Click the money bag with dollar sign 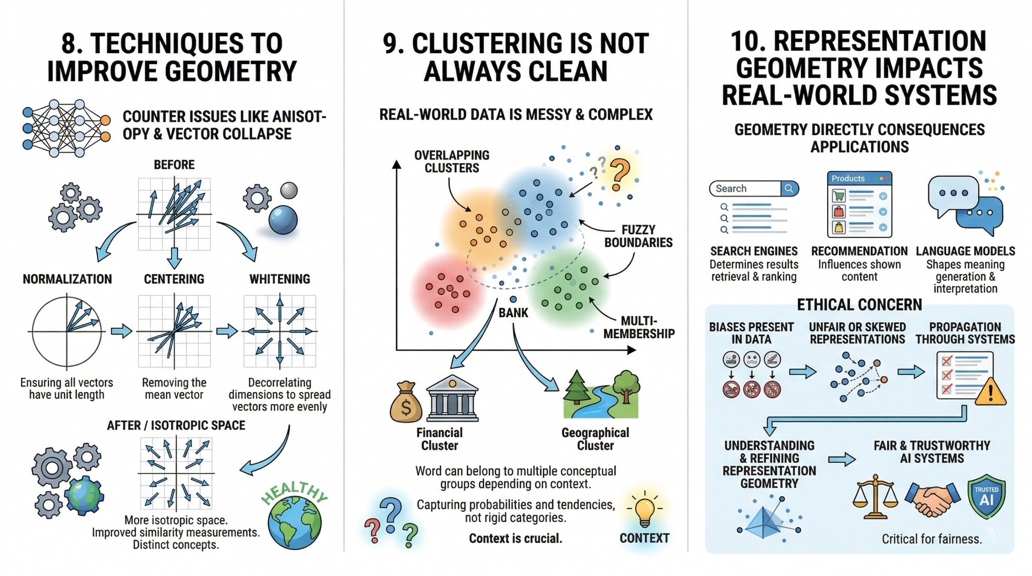pyautogui.click(x=405, y=403)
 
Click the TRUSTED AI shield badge pyautogui.click(x=986, y=496)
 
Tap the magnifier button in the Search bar pyautogui.click(x=789, y=188)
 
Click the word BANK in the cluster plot pyautogui.click(x=513, y=313)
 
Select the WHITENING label pyautogui.click(x=280, y=279)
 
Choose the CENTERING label pyautogui.click(x=174, y=279)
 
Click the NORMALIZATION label pyautogui.click(x=67, y=279)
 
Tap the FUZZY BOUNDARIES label pyautogui.click(x=638, y=236)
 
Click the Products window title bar pyautogui.click(x=859, y=178)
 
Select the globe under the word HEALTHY pyautogui.click(x=295, y=523)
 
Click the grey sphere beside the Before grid pyautogui.click(x=289, y=190)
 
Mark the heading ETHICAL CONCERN pyautogui.click(x=859, y=305)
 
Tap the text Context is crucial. pyautogui.click(x=515, y=538)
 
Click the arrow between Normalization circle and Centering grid pyautogui.click(x=121, y=331)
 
